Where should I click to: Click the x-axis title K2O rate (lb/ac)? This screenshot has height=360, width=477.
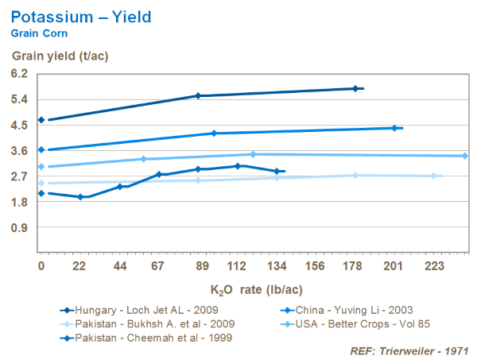point(256,290)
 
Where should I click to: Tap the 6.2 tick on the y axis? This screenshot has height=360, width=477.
point(19,73)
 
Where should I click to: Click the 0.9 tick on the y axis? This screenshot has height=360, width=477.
point(19,228)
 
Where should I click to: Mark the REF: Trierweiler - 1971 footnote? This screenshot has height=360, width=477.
point(409,349)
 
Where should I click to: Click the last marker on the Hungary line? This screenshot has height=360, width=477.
point(355,88)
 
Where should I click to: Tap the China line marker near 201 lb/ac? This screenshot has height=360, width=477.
point(394,128)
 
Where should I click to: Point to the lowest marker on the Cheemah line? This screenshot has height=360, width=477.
point(80,196)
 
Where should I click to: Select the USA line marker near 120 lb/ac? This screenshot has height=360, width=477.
point(253,154)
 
